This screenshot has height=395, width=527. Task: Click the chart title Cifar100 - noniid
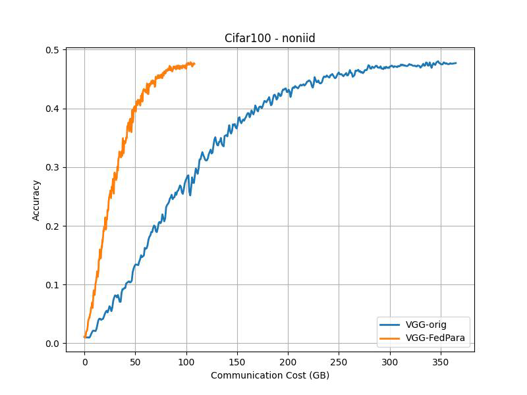(270, 38)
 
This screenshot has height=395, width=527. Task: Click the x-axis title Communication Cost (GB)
(270, 375)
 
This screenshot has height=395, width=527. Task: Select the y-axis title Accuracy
(37, 199)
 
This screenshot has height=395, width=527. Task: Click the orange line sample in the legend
(391, 338)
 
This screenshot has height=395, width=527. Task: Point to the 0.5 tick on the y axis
(53, 50)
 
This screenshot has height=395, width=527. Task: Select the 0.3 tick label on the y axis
(53, 168)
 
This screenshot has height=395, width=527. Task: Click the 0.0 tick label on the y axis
(53, 344)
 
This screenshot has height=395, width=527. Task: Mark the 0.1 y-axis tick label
(53, 285)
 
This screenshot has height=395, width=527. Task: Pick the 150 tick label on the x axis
(237, 362)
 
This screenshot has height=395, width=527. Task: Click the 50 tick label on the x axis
(135, 362)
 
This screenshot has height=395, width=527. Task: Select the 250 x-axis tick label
(339, 362)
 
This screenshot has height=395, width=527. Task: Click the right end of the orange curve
(194, 64)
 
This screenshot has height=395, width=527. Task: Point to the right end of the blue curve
(456, 63)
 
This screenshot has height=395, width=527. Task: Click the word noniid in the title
(300, 38)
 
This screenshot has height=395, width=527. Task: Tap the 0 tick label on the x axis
(84, 362)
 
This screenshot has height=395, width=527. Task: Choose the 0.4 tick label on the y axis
(53, 109)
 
